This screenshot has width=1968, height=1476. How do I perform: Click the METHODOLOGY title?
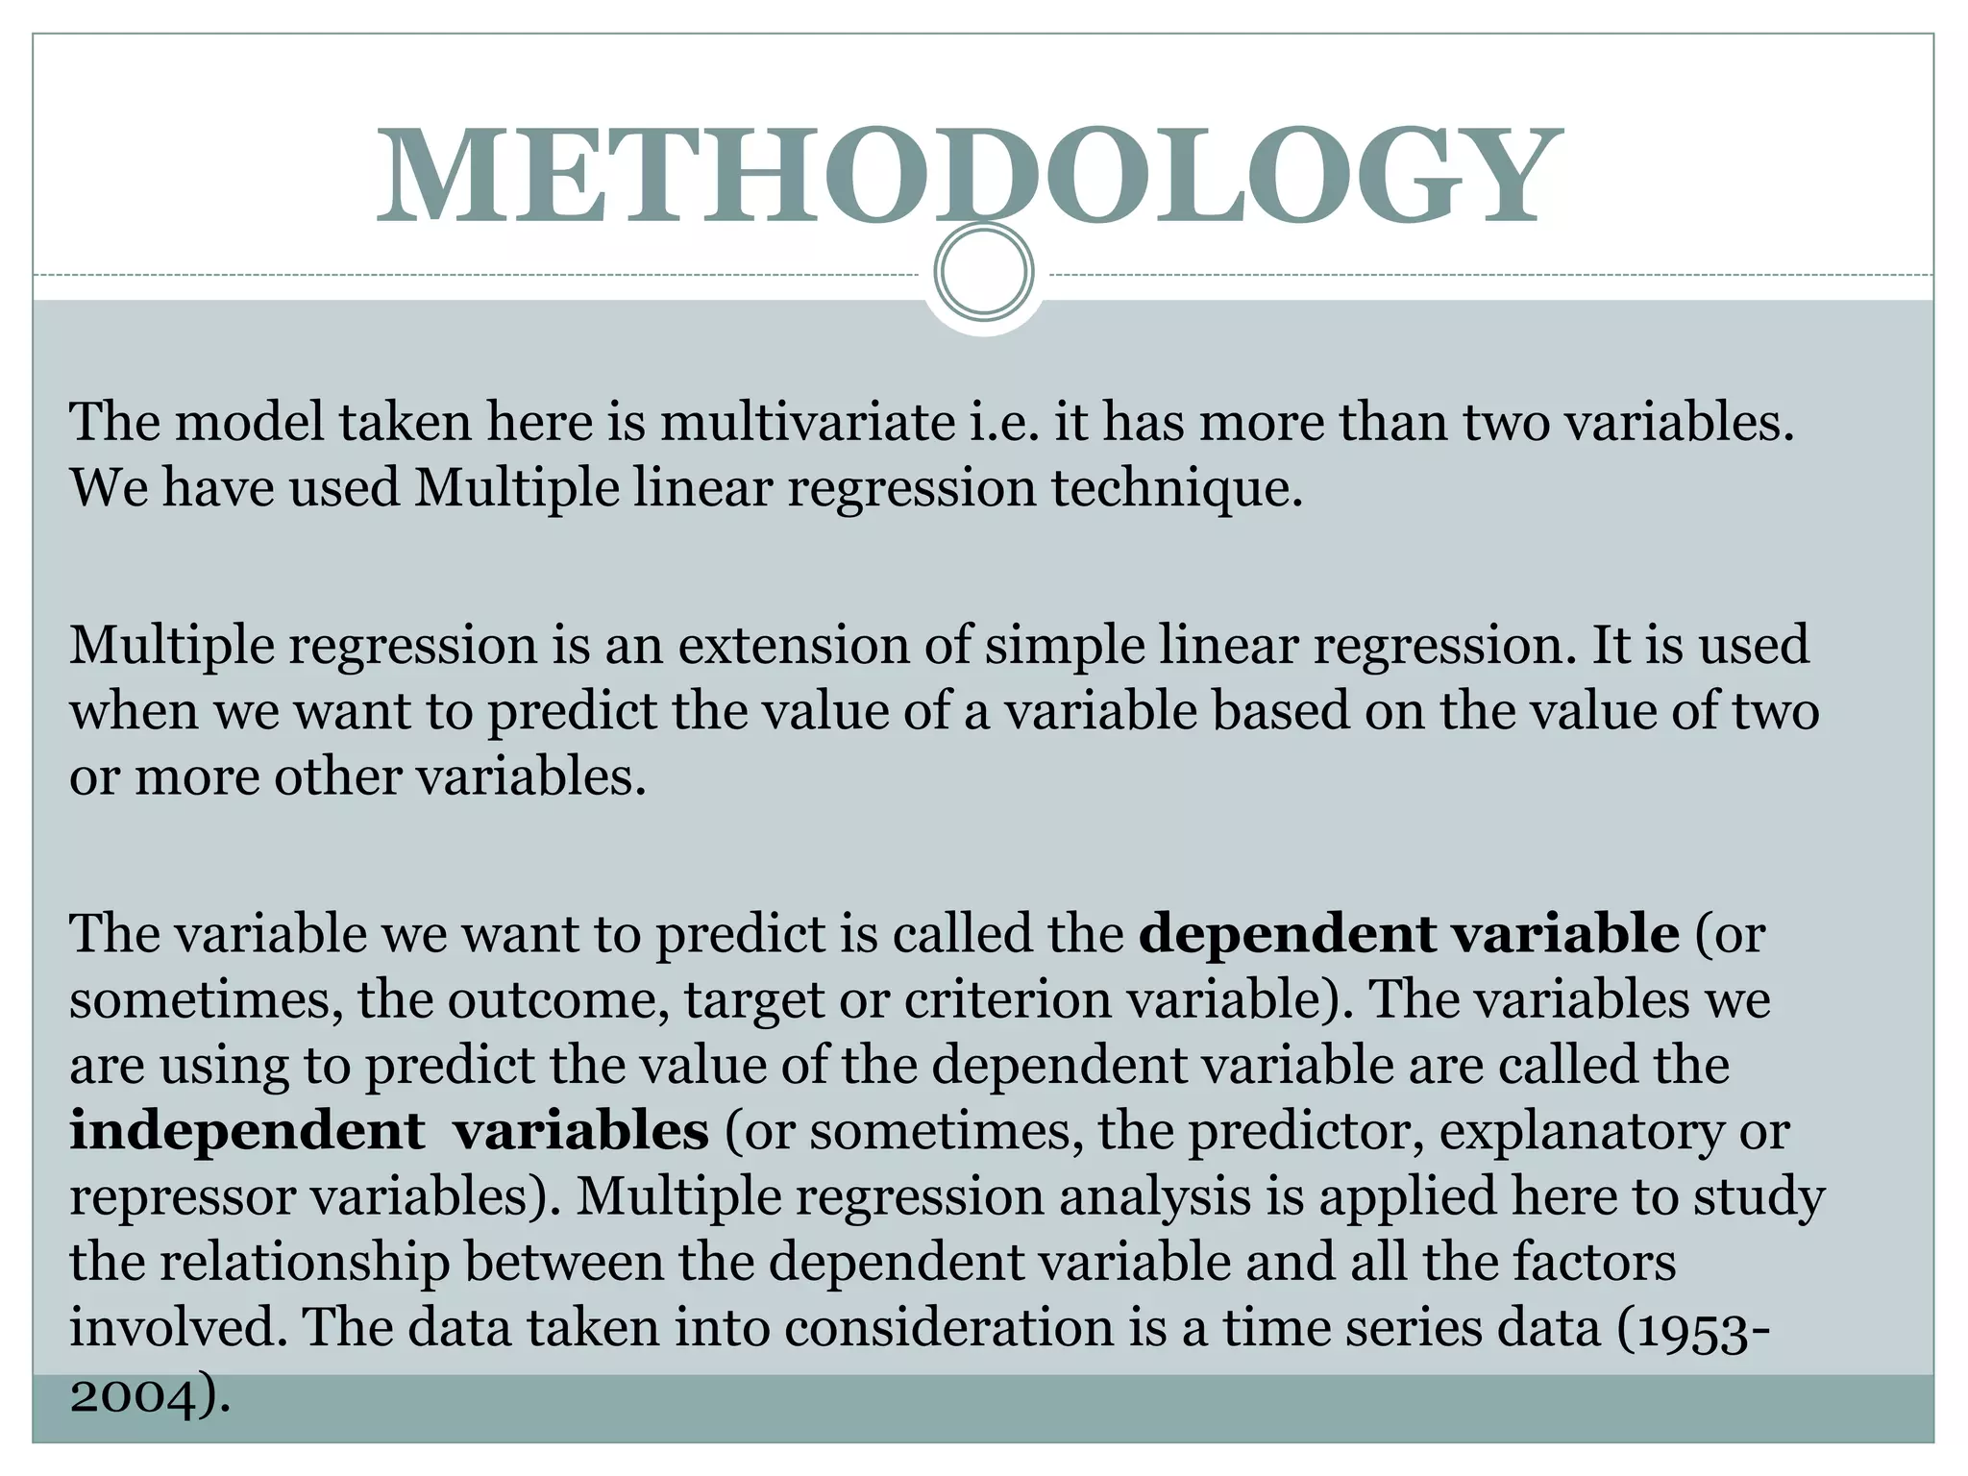coord(969,175)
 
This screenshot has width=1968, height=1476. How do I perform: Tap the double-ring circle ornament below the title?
coord(983,272)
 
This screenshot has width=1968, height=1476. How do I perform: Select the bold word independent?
coord(247,1131)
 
